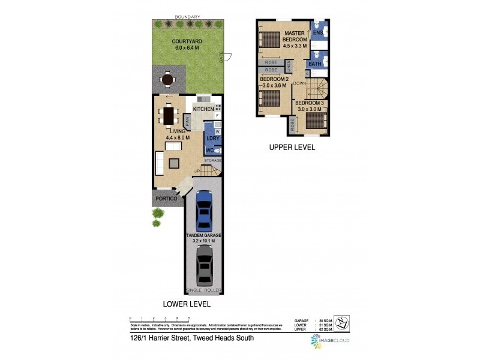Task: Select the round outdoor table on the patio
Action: pos(168,79)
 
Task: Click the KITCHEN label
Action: pos(203,109)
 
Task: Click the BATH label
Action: pos(314,64)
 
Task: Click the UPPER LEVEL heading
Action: pos(292,147)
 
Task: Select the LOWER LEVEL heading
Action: pos(188,304)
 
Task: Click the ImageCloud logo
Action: pos(329,340)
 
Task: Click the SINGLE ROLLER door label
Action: pos(205,290)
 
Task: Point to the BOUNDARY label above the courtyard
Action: pos(187,17)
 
